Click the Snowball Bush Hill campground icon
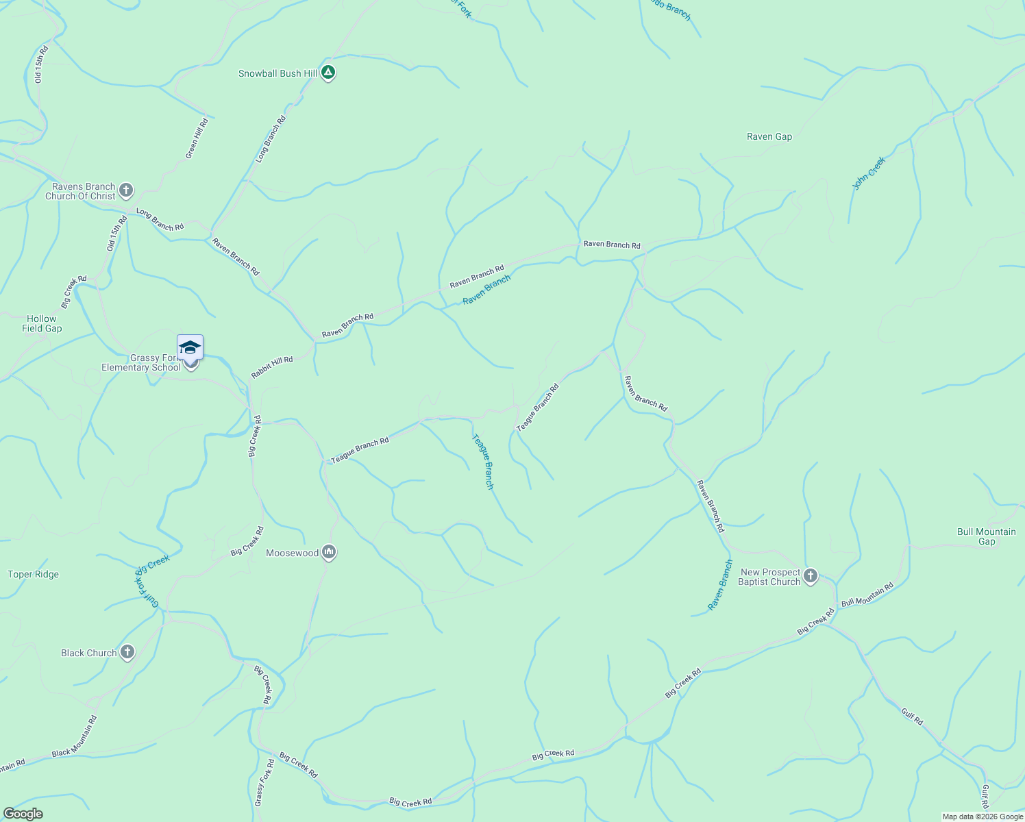pos(328,72)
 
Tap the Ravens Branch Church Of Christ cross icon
pos(125,190)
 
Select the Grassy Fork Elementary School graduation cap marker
pos(190,347)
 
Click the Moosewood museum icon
pos(329,552)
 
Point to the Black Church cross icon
pos(127,652)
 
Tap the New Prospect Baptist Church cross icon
pos(811,576)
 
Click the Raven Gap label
pos(769,136)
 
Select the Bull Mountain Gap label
pos(986,536)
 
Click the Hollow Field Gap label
pos(42,323)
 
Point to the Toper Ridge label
pos(34,574)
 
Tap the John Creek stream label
pos(869,173)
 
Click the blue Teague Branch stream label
pos(482,461)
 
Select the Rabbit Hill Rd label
pos(272,367)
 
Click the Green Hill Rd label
pos(197,138)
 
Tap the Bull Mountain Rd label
pos(867,594)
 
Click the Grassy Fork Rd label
pos(264,782)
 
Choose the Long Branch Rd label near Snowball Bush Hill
pos(271,139)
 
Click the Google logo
pos(23,814)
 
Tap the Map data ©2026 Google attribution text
pos(983,817)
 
